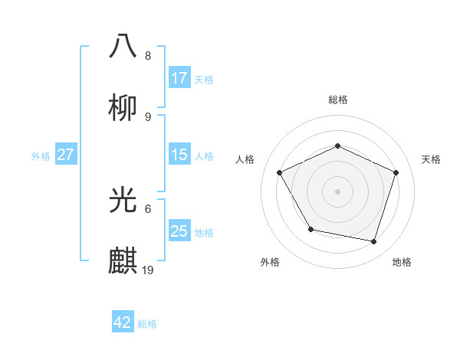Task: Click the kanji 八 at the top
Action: click(123, 45)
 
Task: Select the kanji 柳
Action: click(123, 108)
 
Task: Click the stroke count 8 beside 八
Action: click(148, 56)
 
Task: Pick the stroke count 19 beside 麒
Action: click(149, 270)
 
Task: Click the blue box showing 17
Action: click(179, 78)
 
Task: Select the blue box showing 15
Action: click(179, 155)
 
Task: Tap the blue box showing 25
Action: click(179, 231)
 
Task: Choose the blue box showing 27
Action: click(65, 155)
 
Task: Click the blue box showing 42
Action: click(123, 322)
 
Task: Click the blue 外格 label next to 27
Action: click(41, 156)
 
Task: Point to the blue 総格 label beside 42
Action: click(147, 324)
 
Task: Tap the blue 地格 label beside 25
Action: click(204, 233)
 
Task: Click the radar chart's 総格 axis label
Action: click(338, 100)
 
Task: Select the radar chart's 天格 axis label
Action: click(431, 159)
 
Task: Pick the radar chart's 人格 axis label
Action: click(245, 159)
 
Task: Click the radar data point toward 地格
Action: click(374, 242)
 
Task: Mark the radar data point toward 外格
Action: click(310, 229)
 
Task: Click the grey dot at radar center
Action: click(338, 191)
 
